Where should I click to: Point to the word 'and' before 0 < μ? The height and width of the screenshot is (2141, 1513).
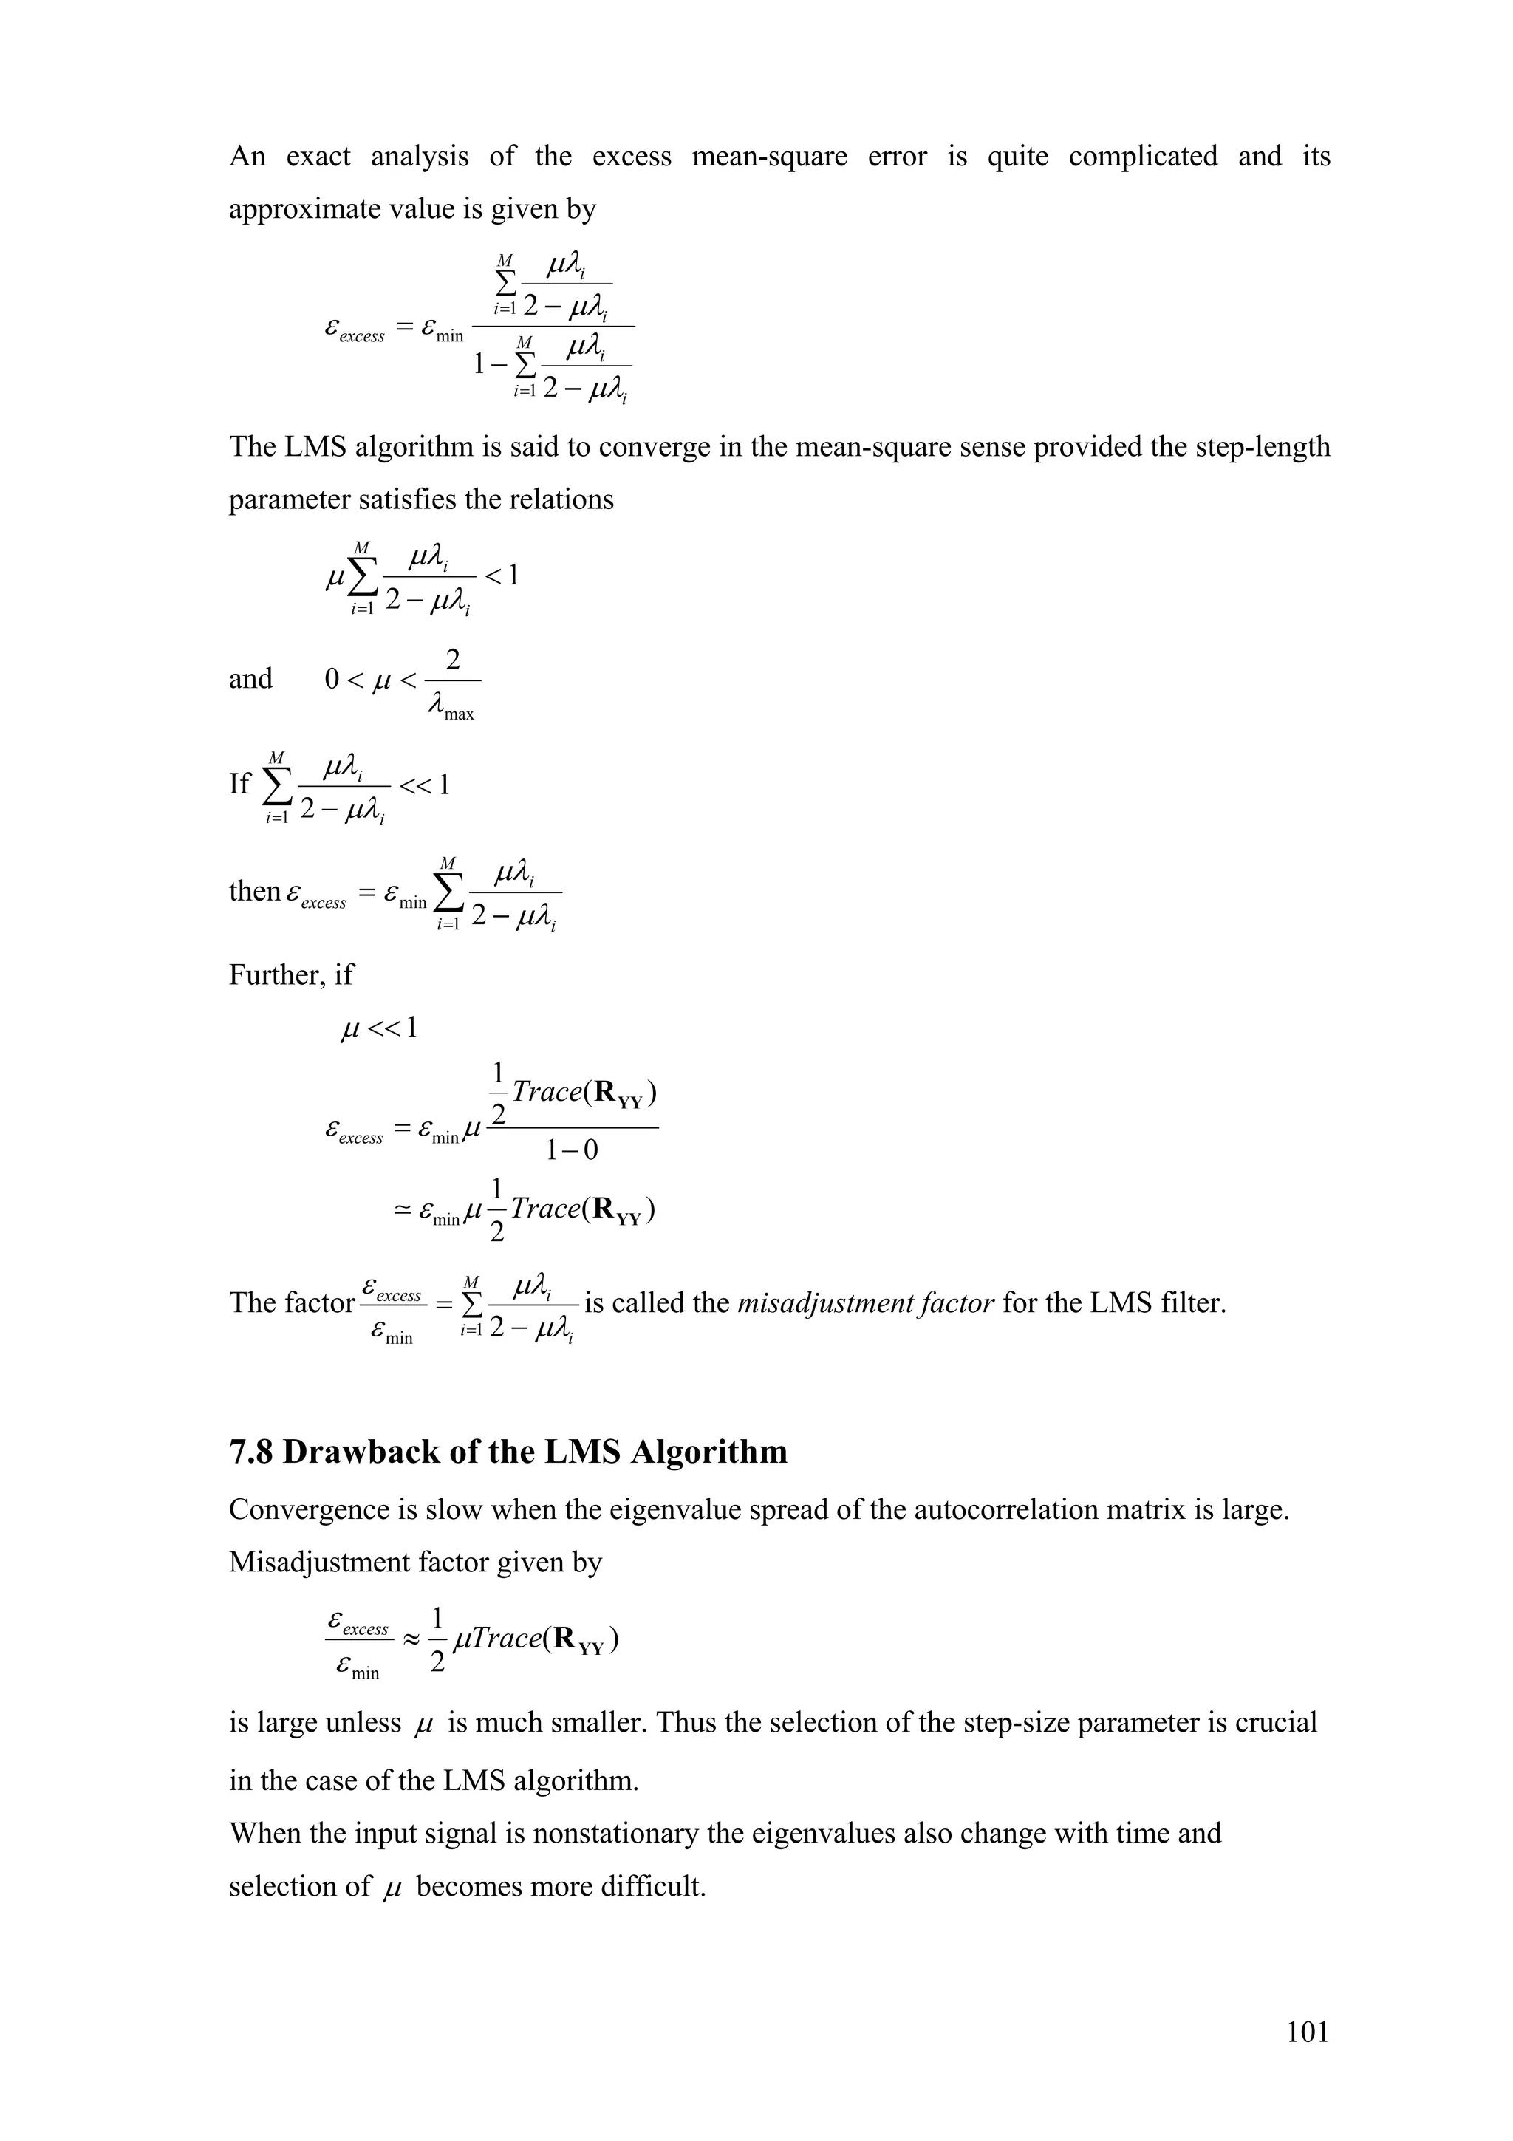250,678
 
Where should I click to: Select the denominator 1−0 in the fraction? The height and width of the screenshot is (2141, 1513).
572,1151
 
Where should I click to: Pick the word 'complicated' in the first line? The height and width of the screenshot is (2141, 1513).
1142,156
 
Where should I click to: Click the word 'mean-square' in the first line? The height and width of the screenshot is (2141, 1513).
769,156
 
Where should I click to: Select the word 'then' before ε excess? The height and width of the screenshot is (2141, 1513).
254,892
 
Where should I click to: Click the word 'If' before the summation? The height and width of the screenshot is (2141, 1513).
239,783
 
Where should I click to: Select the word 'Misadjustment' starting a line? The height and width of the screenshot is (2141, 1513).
320,1562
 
